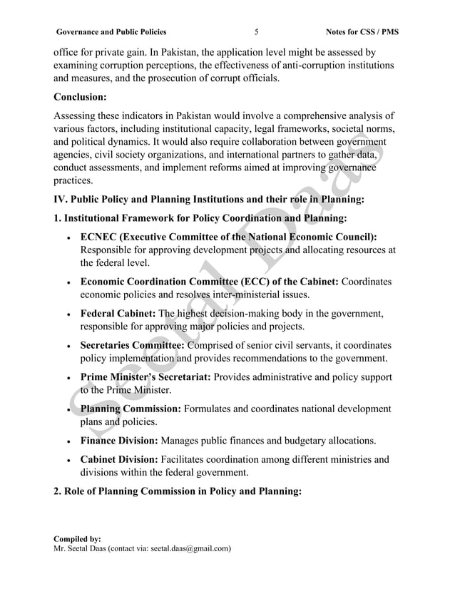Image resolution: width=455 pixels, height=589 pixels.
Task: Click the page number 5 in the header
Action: click(x=256, y=32)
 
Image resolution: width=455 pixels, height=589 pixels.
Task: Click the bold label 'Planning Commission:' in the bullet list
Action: click(x=131, y=409)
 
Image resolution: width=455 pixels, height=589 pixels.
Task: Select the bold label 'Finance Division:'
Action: click(x=120, y=441)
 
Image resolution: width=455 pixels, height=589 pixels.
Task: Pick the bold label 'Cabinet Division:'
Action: click(x=120, y=460)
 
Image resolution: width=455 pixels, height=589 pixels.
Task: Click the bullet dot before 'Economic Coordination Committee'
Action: click(x=66, y=282)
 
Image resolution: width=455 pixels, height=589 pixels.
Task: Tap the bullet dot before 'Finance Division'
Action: click(x=66, y=442)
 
